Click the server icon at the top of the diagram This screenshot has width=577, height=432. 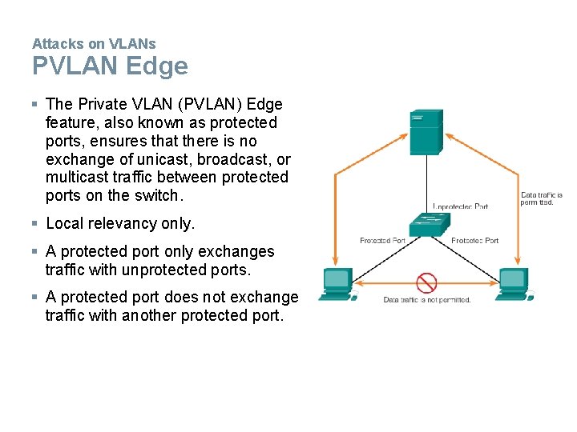click(x=426, y=132)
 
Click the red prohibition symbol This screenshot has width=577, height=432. click(x=426, y=282)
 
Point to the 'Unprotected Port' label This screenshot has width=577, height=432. click(x=460, y=206)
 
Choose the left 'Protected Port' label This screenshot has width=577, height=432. click(x=382, y=240)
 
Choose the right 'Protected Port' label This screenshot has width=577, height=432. click(x=474, y=240)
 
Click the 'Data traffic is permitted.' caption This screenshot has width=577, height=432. click(x=542, y=198)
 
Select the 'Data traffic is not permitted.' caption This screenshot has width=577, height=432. click(x=426, y=300)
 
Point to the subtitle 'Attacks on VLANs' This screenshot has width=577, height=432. click(x=94, y=43)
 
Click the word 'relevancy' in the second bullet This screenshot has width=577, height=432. click(x=121, y=223)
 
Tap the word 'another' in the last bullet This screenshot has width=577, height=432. click(x=149, y=315)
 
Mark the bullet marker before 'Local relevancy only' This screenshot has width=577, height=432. click(x=35, y=223)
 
